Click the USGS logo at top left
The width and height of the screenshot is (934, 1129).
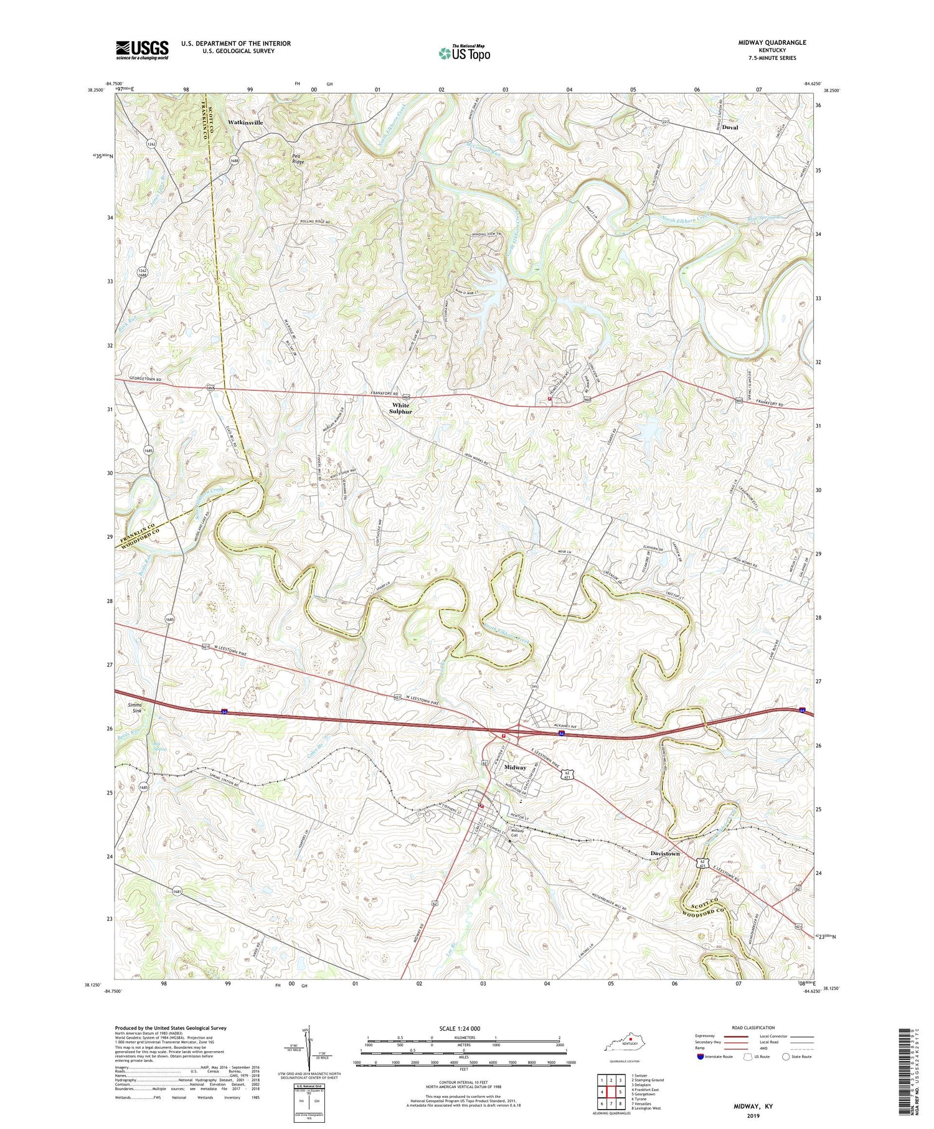click(x=142, y=50)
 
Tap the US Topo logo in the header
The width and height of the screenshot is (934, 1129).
click(x=464, y=54)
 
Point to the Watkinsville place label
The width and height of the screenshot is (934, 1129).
click(x=245, y=123)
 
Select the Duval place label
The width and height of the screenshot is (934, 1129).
click(x=730, y=127)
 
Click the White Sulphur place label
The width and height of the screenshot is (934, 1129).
click(x=401, y=409)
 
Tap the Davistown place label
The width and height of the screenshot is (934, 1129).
click(x=665, y=853)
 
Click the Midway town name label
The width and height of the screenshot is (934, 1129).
click(x=516, y=767)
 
